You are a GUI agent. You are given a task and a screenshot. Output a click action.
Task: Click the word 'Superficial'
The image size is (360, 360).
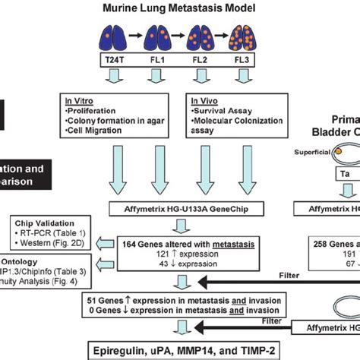(306, 149)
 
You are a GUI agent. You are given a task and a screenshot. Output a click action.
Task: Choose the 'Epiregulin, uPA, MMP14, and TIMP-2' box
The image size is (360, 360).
(179, 351)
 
